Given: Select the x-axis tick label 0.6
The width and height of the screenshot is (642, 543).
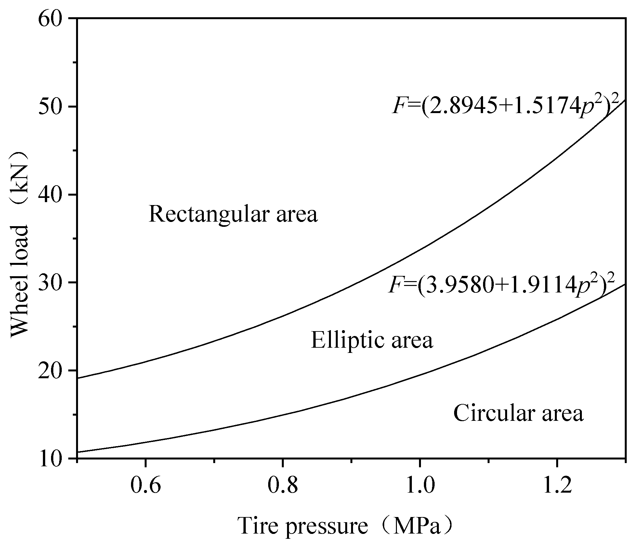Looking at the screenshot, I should click(x=146, y=486).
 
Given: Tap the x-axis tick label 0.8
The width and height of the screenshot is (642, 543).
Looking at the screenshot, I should click(x=283, y=486).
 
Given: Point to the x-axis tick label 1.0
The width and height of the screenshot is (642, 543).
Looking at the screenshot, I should click(x=420, y=486).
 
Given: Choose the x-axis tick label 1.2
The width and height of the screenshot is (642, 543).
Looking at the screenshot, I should click(x=557, y=486).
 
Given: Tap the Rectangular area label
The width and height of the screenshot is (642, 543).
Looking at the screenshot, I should click(x=233, y=214).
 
